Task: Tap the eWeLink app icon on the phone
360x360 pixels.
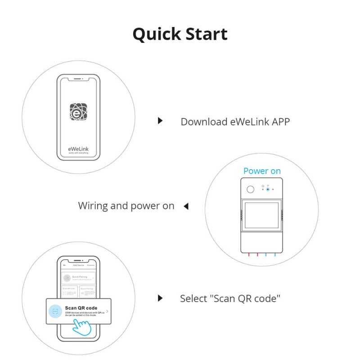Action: (x=78, y=111)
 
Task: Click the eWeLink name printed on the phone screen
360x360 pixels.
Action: (x=78, y=148)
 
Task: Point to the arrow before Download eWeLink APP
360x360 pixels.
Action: (x=160, y=121)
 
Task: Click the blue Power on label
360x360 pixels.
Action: (x=262, y=171)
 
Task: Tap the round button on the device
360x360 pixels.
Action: (x=250, y=189)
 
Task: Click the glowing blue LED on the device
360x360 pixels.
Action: (x=267, y=189)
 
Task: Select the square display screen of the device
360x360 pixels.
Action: (x=261, y=217)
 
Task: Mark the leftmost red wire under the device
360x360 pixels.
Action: (x=248, y=255)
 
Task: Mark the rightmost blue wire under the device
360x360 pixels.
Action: (x=275, y=255)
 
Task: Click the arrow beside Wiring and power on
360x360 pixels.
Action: (x=185, y=206)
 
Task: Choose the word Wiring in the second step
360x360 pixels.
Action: (x=93, y=206)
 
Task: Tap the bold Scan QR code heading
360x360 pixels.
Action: (x=81, y=308)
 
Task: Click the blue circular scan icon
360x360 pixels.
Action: (x=55, y=311)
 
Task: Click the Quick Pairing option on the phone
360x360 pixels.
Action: (x=78, y=278)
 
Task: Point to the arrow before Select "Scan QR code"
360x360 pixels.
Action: (x=160, y=298)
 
